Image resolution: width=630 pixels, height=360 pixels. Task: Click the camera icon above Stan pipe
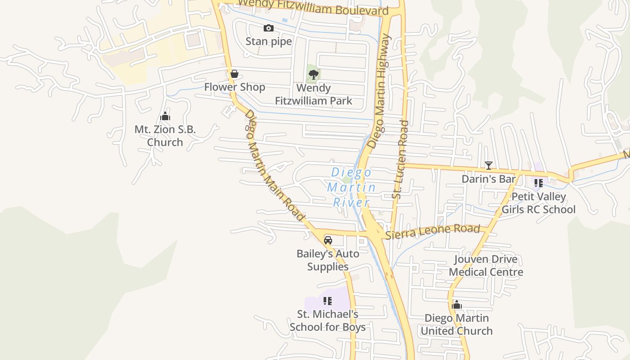pos(269,28)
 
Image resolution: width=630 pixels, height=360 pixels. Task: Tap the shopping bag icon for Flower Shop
pos(234,74)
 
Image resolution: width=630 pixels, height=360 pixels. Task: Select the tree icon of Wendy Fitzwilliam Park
pos(314,74)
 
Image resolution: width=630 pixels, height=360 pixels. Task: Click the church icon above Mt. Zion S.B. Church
pos(165,117)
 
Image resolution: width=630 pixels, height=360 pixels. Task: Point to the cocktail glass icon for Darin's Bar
pos(489,166)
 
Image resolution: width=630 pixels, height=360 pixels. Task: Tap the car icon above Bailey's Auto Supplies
pos(328,240)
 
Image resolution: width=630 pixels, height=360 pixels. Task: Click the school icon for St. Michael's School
pos(328,301)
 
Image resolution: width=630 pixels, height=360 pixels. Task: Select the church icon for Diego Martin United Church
pos(457,305)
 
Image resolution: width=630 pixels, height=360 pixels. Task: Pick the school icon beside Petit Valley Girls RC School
pos(539,183)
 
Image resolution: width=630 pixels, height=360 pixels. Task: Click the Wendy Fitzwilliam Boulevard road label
pos(313,8)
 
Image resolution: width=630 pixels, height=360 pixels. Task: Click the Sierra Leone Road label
pos(432,231)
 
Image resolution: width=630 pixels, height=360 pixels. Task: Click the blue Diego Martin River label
pos(351,187)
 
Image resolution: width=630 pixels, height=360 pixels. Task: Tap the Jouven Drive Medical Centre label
pos(486,265)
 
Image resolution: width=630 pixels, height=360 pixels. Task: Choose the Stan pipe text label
pos(269,41)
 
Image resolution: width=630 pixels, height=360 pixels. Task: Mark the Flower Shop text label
pos(234,87)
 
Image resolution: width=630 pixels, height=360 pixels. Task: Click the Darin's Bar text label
pos(489,179)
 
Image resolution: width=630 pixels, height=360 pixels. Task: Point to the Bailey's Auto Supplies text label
pos(328,260)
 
